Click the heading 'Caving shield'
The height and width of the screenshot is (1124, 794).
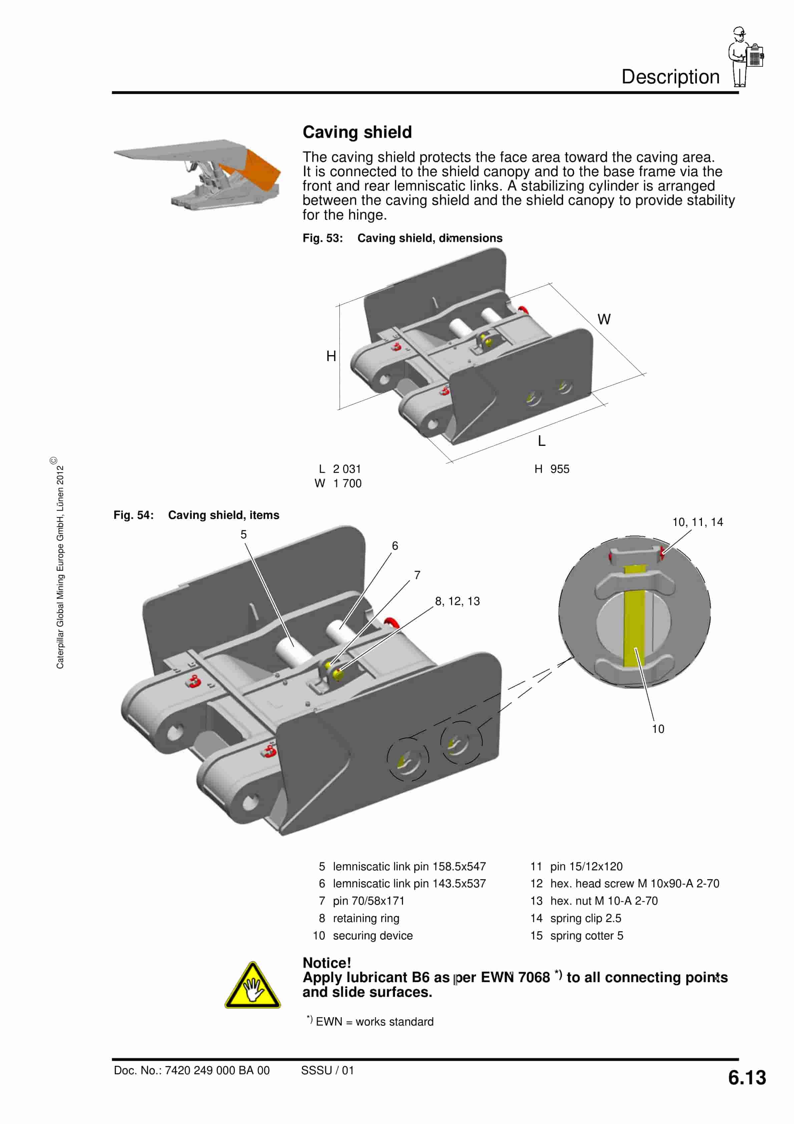tap(357, 132)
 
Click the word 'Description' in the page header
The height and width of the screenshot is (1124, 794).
tap(670, 77)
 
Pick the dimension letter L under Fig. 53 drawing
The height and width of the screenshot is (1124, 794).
tap(541, 442)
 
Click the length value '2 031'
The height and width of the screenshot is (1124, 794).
tap(347, 469)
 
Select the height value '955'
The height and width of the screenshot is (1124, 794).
tap(559, 469)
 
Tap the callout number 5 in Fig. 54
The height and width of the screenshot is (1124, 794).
tap(243, 535)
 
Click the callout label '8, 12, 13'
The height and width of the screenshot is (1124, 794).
tap(457, 601)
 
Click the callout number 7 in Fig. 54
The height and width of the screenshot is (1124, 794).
tap(417, 575)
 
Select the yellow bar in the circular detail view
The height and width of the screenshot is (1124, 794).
tap(635, 617)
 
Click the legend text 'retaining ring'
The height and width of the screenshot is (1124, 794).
tap(366, 918)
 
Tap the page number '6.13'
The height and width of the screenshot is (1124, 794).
tap(747, 1078)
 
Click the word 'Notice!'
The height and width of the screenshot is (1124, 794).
tap(327, 963)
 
